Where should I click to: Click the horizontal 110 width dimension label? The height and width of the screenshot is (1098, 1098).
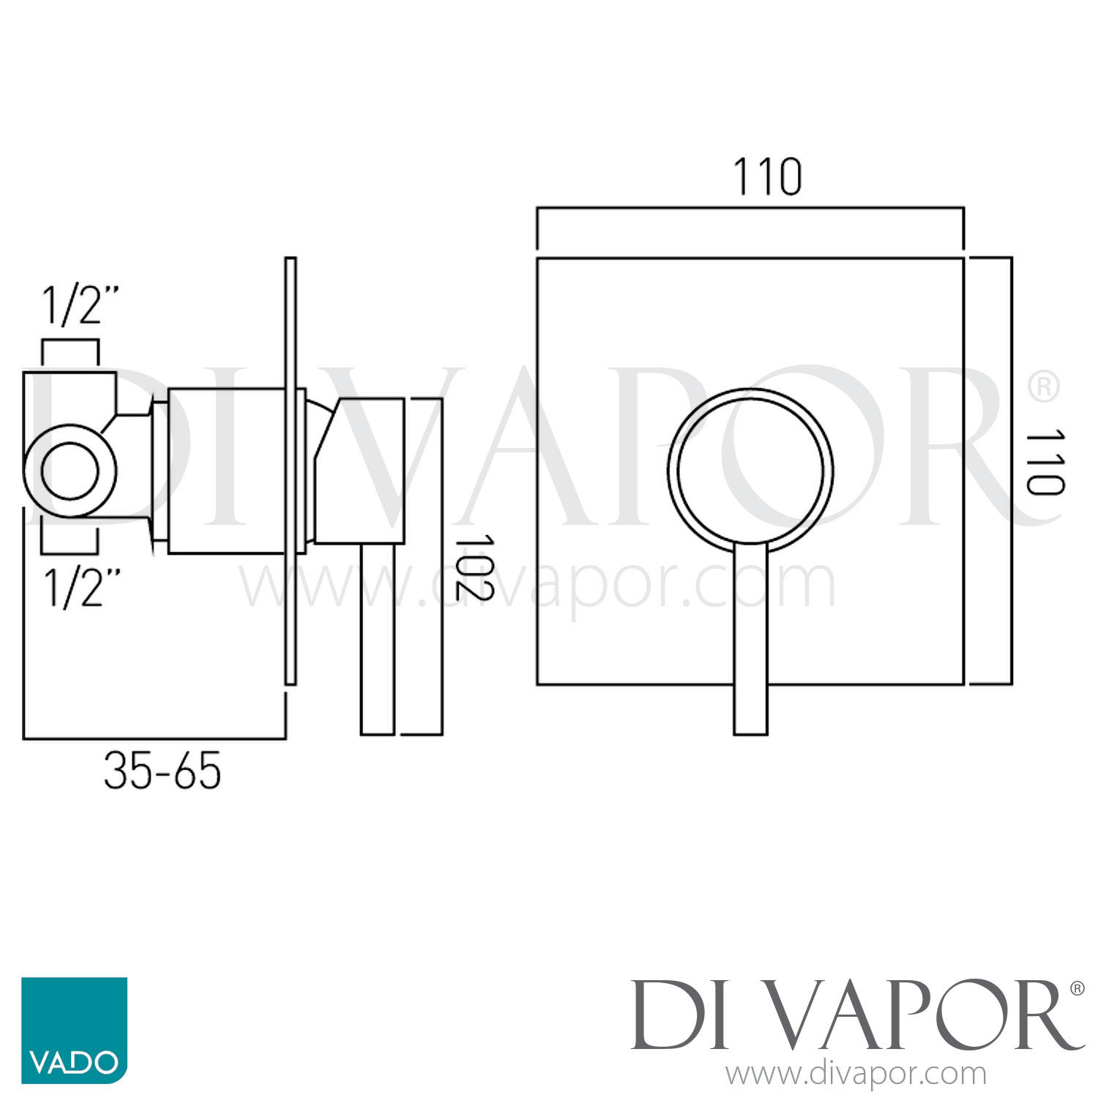[767, 177]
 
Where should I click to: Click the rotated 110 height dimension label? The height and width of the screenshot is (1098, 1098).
[1045, 463]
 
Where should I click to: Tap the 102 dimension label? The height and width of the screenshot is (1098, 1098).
[474, 567]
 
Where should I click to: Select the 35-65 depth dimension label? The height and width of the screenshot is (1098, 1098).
[162, 771]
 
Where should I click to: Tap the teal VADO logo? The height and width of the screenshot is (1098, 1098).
[74, 1030]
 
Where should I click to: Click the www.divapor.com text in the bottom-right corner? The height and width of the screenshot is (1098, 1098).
[856, 1074]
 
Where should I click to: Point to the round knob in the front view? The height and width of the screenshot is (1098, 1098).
[750, 468]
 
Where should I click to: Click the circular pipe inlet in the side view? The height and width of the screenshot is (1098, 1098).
[70, 471]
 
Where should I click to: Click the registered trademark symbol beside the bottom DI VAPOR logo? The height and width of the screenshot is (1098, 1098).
[1077, 989]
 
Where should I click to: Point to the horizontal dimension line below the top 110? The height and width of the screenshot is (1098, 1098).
[750, 209]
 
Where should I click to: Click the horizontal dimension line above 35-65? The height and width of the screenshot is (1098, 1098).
[154, 739]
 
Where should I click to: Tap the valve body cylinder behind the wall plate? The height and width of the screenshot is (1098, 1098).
[225, 471]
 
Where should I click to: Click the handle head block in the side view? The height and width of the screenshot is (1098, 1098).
[362, 471]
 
